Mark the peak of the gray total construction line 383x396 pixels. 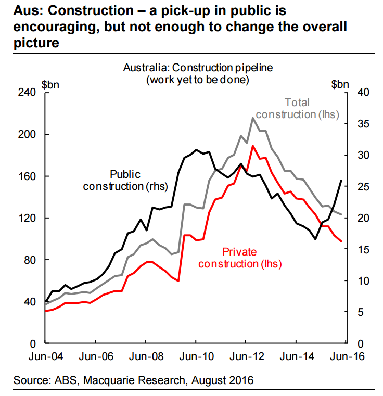point(253,118)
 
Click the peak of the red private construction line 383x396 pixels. point(253,146)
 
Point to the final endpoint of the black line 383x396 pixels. point(341,181)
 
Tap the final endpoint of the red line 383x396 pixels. point(341,241)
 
